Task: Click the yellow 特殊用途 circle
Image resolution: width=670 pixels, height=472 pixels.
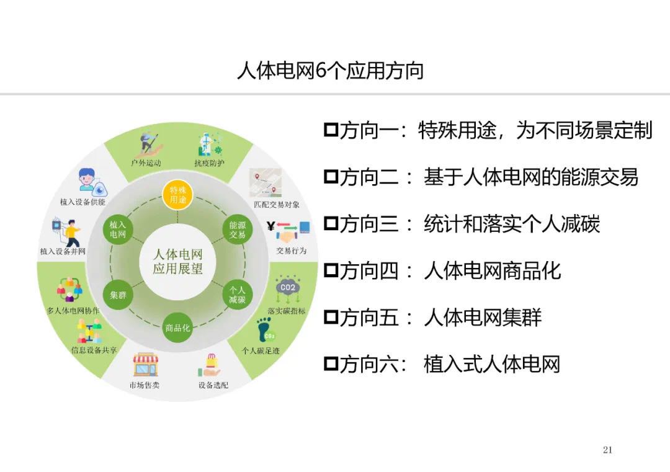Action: [x=178, y=195]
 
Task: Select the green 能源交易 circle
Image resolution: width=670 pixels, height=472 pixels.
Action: [x=237, y=230]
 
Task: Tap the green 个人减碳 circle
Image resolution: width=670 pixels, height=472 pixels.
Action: [x=237, y=295]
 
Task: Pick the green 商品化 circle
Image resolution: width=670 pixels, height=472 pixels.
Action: [x=178, y=328]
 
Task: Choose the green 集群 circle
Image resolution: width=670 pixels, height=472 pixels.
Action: [x=118, y=295]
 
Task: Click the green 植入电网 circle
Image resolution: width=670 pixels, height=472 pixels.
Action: [x=118, y=230]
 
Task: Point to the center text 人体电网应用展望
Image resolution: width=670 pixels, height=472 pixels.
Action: [x=178, y=261]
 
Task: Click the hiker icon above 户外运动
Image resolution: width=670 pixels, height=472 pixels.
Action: [x=150, y=144]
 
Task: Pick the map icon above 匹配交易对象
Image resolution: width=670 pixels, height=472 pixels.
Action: [x=266, y=182]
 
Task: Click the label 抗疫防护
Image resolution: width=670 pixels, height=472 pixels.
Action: [x=210, y=163]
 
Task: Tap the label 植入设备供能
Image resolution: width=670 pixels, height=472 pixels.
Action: [x=83, y=202]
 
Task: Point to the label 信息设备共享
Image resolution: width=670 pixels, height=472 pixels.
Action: [x=94, y=350]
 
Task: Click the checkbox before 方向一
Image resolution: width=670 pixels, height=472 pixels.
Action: [x=331, y=130]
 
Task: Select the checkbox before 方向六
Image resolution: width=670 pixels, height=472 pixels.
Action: [x=331, y=363]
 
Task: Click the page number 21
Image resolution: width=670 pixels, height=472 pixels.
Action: [x=607, y=449]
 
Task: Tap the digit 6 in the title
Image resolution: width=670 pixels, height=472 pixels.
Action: [x=321, y=71]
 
